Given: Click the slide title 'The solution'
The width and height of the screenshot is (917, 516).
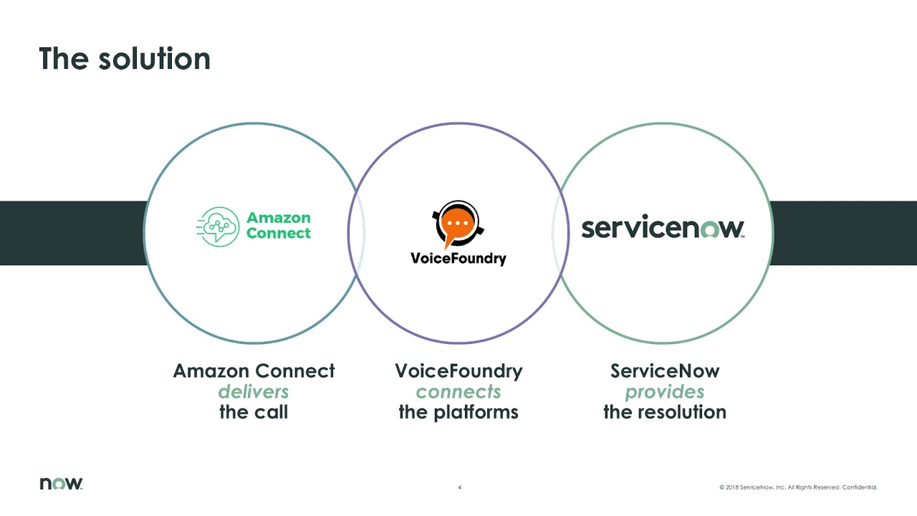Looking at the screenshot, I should point(125,59).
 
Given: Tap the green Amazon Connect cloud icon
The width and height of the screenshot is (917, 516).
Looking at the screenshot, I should point(219,226).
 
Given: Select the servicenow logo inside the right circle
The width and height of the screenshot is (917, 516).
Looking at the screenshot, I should point(663,229).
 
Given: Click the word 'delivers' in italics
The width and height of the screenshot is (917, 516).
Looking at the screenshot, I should point(254,392).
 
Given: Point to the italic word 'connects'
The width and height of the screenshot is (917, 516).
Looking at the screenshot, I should point(458,392).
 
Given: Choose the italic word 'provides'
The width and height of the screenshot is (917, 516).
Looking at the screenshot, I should point(664,392).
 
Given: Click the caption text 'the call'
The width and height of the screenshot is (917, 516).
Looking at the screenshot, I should point(254,412).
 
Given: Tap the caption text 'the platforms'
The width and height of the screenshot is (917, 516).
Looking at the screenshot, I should point(458,412).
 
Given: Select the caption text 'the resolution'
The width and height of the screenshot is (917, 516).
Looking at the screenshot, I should point(664,412).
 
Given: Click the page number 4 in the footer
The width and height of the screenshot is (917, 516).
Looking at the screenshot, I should point(459,487).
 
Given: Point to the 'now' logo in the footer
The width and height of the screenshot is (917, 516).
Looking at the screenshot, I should point(61,484).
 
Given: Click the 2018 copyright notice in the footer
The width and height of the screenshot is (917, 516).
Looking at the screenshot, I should point(798,487).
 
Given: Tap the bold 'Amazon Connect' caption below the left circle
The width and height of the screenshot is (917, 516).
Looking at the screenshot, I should point(254,371).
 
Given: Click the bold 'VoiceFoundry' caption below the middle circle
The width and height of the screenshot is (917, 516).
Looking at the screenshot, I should point(458,371).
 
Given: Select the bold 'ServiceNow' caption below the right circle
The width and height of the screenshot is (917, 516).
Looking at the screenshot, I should point(664,371).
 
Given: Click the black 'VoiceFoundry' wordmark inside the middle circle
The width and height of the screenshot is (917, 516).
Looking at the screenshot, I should point(458,258).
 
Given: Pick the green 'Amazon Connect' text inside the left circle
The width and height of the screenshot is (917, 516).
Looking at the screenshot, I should point(279,226).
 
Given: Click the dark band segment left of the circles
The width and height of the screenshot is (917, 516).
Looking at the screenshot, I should point(72,233).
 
